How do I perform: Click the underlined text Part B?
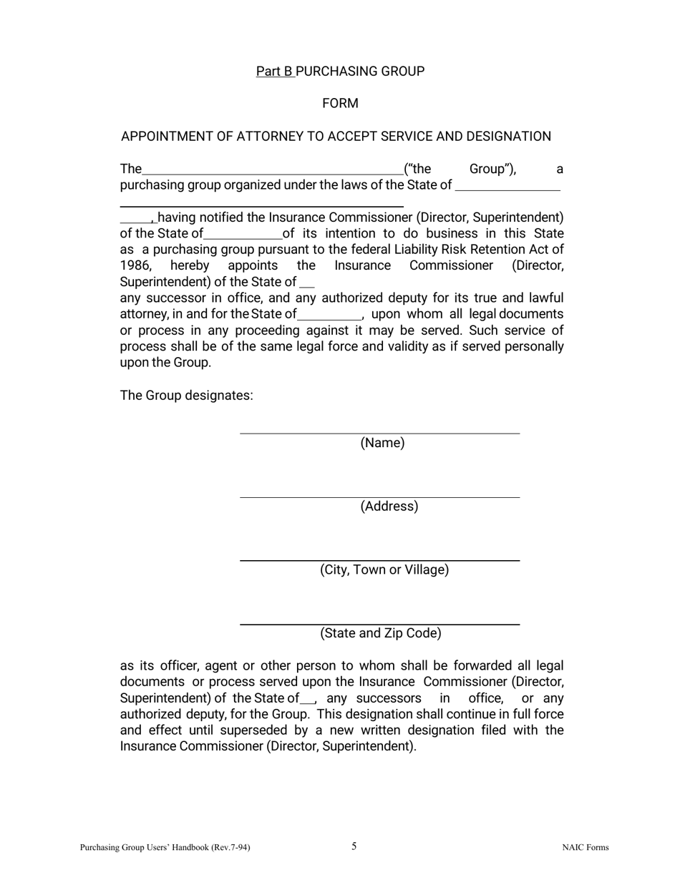point(275,72)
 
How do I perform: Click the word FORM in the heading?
point(340,104)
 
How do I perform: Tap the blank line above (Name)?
point(379,433)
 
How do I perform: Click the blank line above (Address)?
point(379,497)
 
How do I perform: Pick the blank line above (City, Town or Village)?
point(379,560)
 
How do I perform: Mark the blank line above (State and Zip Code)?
point(379,624)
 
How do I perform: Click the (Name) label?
point(382,443)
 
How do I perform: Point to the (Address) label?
point(389,507)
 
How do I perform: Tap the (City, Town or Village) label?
point(384,570)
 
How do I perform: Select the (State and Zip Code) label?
point(380,634)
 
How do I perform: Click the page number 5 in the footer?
point(354,846)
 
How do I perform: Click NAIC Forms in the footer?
point(585,848)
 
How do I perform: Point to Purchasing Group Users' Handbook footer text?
point(165,848)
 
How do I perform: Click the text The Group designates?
point(186,396)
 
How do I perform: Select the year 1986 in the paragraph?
point(135,266)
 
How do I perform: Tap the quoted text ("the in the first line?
point(418,170)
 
